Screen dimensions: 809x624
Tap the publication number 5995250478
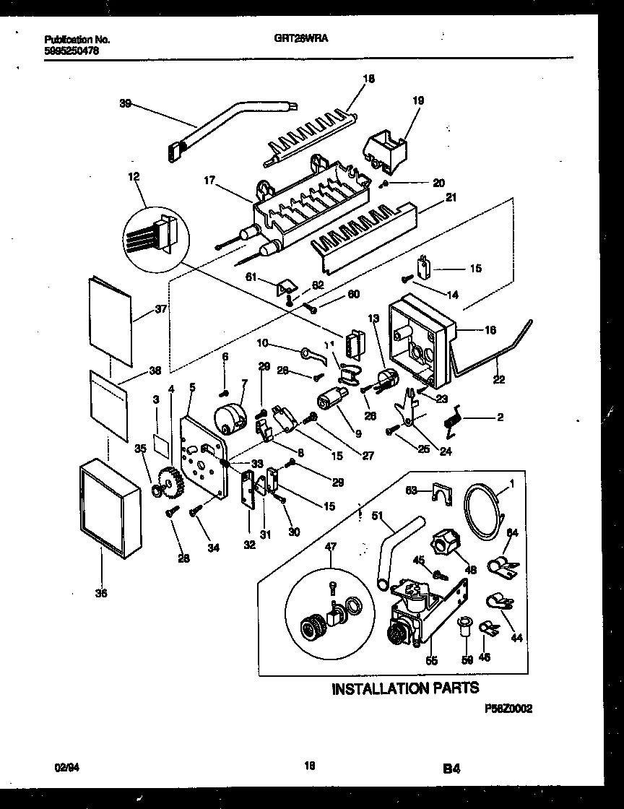coord(71,51)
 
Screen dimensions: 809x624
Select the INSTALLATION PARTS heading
coord(404,688)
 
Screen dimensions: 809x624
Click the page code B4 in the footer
coord(451,770)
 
